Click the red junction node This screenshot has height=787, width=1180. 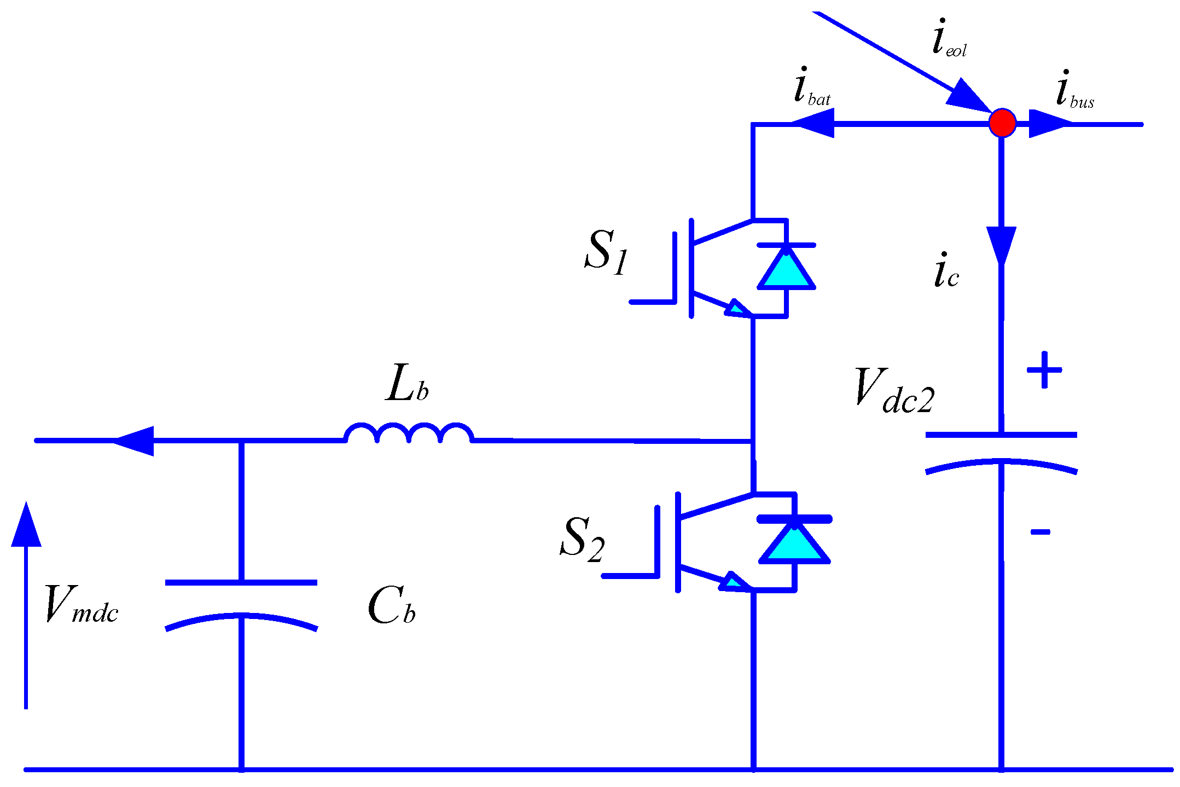[1002, 123]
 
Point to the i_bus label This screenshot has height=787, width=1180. [1074, 90]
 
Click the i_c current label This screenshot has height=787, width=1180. [946, 271]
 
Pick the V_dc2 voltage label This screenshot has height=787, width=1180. [894, 391]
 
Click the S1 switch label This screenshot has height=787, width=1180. [606, 252]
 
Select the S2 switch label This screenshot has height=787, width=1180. [582, 539]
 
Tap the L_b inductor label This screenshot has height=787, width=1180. [406, 385]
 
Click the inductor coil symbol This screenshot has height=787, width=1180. [409, 433]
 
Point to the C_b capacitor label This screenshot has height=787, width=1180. [391, 607]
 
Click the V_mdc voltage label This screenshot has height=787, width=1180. [81, 605]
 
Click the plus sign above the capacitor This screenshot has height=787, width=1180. [1044, 371]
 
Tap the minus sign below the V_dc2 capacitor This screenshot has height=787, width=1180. [1040, 531]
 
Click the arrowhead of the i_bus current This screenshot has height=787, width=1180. [1048, 124]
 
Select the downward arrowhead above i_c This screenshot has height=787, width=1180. [1001, 245]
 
